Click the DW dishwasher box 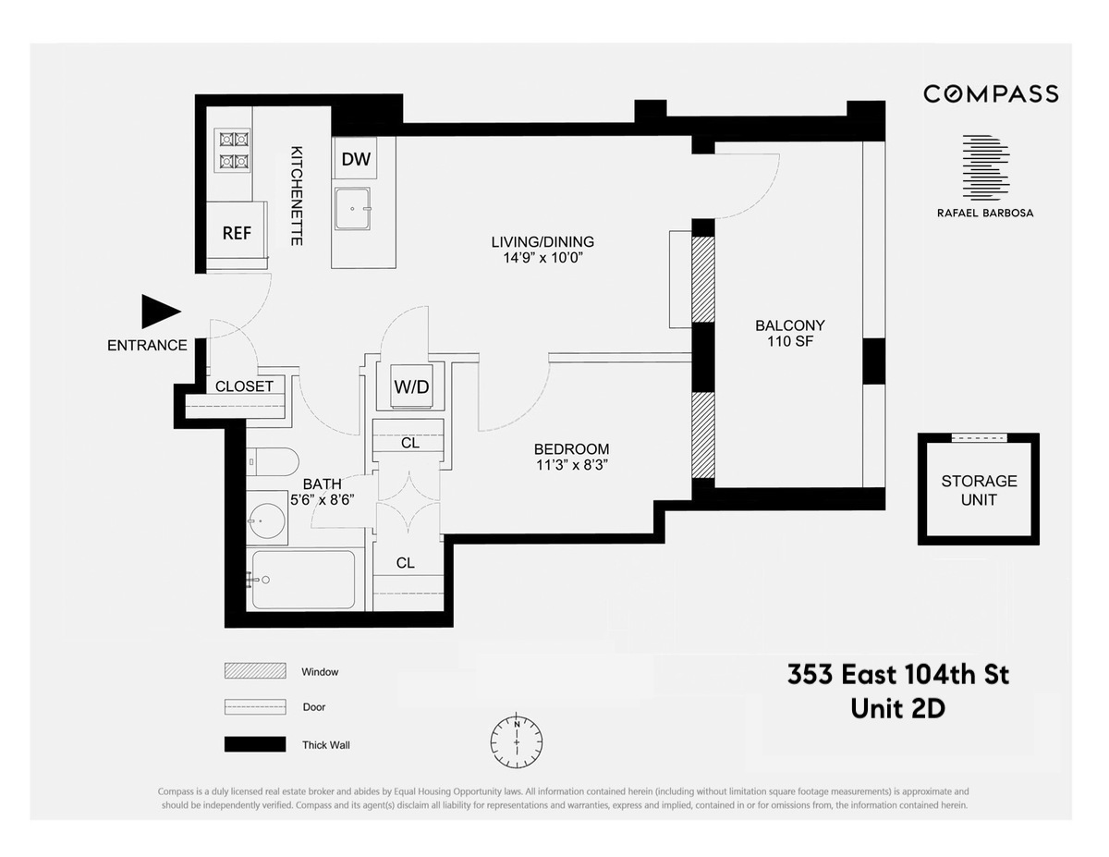356,159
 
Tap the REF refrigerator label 237,233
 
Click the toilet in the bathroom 273,462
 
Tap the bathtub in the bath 302,580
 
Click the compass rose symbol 517,741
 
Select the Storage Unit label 979,490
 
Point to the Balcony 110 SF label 789,334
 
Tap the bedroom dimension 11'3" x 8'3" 570,465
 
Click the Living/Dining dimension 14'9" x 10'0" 542,258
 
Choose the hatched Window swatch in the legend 254,671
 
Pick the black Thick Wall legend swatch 254,744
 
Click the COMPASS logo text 991,93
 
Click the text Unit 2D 897,709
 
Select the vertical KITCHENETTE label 297,195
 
